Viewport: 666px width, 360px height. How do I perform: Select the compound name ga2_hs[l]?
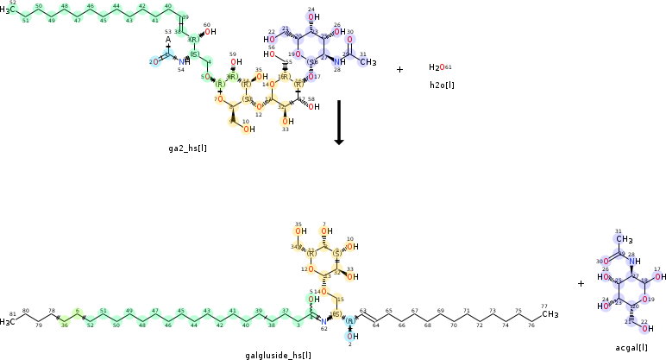tap(187, 148)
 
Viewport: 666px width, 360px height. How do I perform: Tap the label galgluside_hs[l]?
tap(279, 355)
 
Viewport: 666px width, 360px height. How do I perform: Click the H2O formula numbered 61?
tap(437, 67)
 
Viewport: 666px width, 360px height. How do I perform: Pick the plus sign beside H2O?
tap(399, 69)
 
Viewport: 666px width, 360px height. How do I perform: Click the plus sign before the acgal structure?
tap(581, 283)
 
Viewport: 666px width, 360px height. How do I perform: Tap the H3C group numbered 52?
tap(7, 9)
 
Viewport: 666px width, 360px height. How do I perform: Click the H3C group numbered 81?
tap(8, 322)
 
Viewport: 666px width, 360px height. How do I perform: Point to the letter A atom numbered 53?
tap(168, 40)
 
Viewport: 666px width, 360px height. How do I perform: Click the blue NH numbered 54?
tap(182, 62)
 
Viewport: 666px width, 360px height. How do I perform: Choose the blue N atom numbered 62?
tap(324, 321)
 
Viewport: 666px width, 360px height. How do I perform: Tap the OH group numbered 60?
tap(206, 35)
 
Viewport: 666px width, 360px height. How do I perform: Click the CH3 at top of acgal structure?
tap(624, 240)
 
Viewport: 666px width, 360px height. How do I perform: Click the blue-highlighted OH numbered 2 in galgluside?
tap(350, 336)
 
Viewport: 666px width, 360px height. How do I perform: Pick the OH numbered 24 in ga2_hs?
tap(311, 17)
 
